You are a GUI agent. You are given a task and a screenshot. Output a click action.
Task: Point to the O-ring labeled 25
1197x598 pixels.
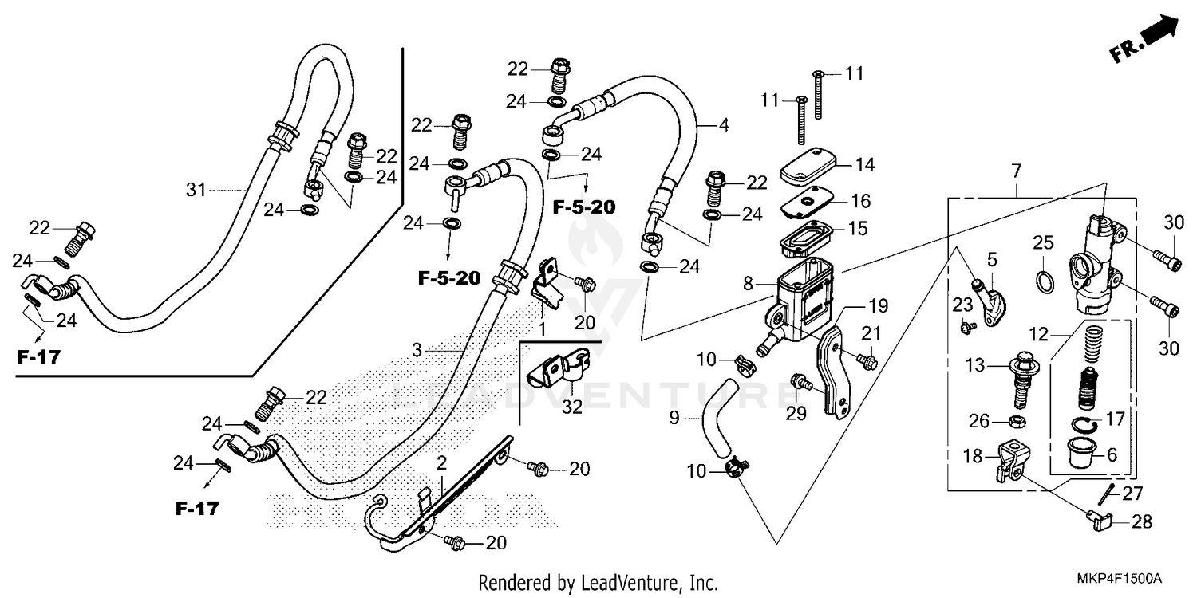click(1043, 281)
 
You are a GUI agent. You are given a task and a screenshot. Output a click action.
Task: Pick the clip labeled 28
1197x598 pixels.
click(1099, 522)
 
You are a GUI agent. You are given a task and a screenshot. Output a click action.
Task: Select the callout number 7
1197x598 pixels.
click(1015, 171)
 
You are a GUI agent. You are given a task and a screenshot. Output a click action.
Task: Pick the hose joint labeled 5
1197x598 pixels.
click(990, 302)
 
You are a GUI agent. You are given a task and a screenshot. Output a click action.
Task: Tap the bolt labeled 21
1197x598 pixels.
click(867, 361)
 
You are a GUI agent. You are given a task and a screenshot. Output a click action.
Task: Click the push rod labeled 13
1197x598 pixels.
click(1021, 375)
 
